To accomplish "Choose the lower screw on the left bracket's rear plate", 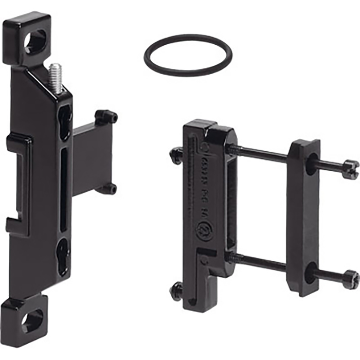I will (108, 189).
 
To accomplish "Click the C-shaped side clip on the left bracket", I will (19, 183).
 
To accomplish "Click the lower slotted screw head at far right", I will (351, 278).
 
